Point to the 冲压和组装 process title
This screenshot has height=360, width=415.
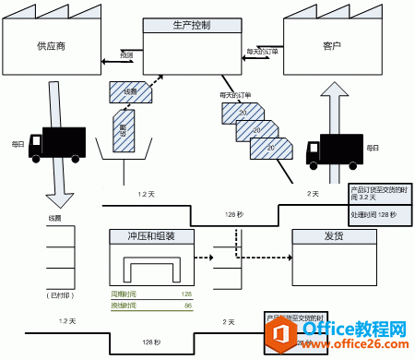(152, 235)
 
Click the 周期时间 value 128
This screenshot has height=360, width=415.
(186, 294)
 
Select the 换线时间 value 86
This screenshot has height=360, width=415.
(187, 305)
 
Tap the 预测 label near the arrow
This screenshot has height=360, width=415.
(126, 55)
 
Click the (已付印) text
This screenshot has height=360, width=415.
(58, 295)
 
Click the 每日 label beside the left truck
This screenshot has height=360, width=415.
(18, 144)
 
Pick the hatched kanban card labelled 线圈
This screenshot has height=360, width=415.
(125, 91)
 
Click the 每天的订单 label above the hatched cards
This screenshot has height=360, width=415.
(236, 95)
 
